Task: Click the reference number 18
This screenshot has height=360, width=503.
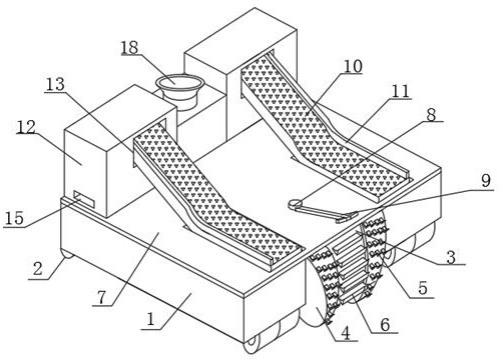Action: pyautogui.click(x=129, y=47)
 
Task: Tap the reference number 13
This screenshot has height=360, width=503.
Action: pyautogui.click(x=55, y=84)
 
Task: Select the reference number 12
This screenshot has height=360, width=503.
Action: pyautogui.click(x=26, y=127)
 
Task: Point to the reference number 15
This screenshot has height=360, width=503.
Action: pyautogui.click(x=14, y=218)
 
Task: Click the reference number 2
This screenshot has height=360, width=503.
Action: pyautogui.click(x=38, y=268)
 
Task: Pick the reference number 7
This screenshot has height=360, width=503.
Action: pyautogui.click(x=102, y=297)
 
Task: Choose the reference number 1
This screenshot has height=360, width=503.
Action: pyautogui.click(x=151, y=320)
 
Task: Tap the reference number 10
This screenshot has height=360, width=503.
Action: pyautogui.click(x=353, y=66)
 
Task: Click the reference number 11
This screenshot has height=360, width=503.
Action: pyautogui.click(x=400, y=91)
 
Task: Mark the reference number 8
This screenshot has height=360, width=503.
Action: pyautogui.click(x=431, y=115)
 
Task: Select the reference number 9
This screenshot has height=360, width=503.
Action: pyautogui.click(x=486, y=180)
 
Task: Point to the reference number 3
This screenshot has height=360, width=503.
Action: pyautogui.click(x=451, y=257)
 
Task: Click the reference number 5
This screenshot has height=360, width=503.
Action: pyautogui.click(x=423, y=288)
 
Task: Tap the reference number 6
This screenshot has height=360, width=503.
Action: pyautogui.click(x=385, y=324)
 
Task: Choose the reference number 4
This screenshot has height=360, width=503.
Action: pyautogui.click(x=346, y=333)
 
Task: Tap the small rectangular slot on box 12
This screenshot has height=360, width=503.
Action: pyautogui.click(x=84, y=199)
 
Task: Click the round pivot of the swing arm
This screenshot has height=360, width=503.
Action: pyautogui.click(x=295, y=204)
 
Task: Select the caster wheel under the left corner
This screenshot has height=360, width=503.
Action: pyautogui.click(x=67, y=252)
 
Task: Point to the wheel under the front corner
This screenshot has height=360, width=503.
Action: pyautogui.click(x=252, y=344)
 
